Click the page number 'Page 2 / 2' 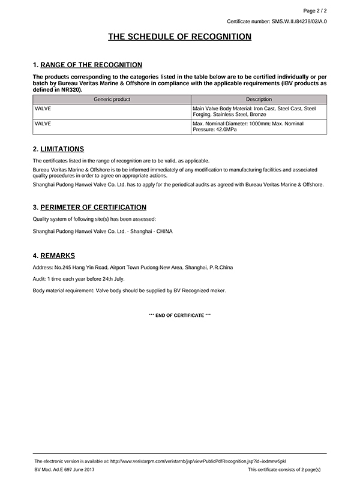[x=314, y=10]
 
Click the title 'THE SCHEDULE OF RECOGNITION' [x=179, y=37]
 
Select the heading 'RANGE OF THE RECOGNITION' [x=91, y=65]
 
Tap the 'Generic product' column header [x=112, y=99]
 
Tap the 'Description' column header [x=259, y=99]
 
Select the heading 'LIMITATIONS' [x=62, y=149]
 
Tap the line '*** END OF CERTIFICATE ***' [x=179, y=316]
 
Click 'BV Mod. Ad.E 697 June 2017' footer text [x=65, y=469]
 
